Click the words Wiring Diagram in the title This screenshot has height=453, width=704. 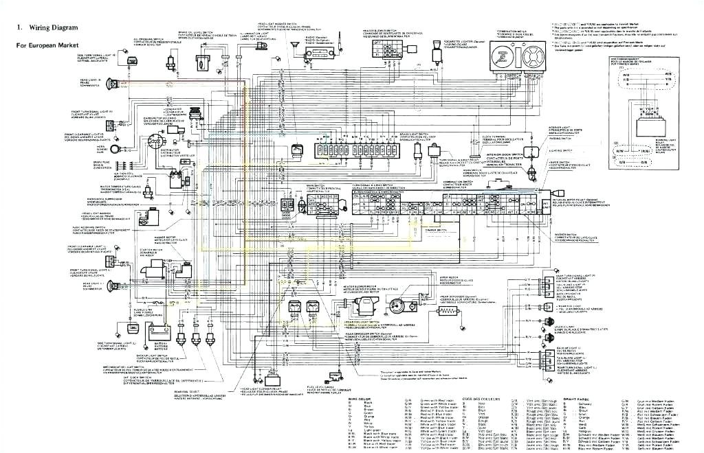coord(52,27)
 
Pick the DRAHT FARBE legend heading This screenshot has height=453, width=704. coord(577,399)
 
